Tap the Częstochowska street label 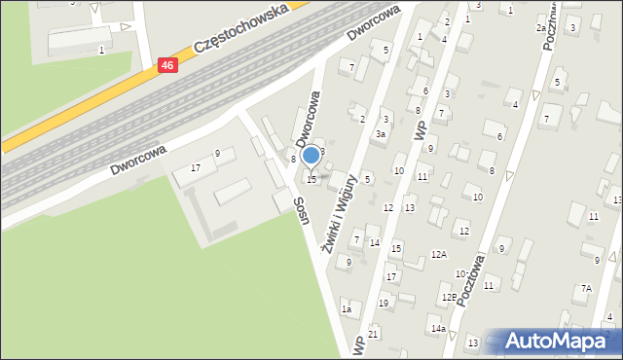pos(241,27)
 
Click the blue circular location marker pos(311,155)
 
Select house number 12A pos(439,254)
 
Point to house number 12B pos(449,298)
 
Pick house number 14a pos(439,329)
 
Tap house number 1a pos(346,309)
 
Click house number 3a pos(382,134)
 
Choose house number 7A pos(586,288)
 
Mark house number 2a pos(542,28)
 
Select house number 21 pos(373,334)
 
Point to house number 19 pos(383,303)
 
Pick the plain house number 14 pos(375,242)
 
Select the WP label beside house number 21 pos(358,345)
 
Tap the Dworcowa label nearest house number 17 pos(137,159)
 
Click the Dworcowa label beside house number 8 pos(308,116)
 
